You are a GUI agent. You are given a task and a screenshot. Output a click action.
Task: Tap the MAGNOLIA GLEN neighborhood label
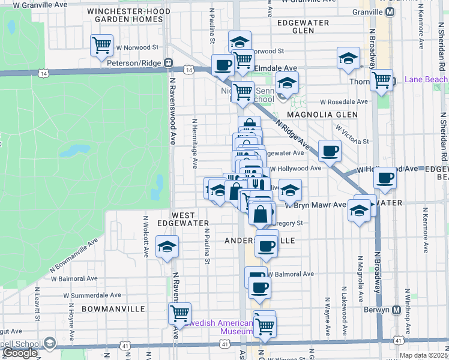pos(322,114)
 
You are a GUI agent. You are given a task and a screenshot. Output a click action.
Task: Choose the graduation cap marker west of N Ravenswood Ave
pos(166,246)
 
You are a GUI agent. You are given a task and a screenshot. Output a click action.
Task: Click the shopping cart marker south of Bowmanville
pos(179,312)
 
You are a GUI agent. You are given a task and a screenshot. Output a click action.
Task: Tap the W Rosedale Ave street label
pos(344,102)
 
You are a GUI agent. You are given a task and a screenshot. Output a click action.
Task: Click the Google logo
pos(20,353)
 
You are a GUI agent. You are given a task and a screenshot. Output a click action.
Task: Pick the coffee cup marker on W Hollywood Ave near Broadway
pos(385,178)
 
